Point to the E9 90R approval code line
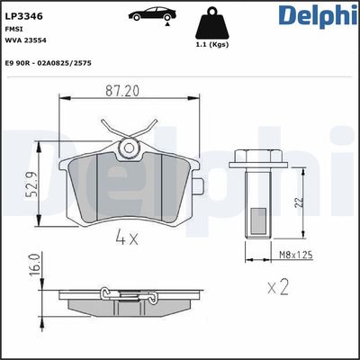click(x=48, y=63)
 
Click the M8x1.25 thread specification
click(x=295, y=255)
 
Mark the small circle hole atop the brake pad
click(x=130, y=147)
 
